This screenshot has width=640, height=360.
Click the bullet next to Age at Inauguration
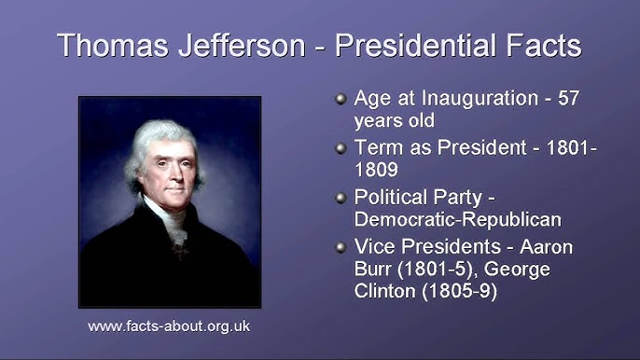click(x=341, y=97)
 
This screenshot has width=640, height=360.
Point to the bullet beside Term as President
click(x=341, y=147)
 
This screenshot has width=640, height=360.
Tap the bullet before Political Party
click(x=341, y=197)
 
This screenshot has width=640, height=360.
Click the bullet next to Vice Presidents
click(x=341, y=246)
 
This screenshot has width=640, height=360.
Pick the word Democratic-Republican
click(x=458, y=221)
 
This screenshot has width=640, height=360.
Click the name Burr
click(x=377, y=270)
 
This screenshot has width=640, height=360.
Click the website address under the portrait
click(x=169, y=326)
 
